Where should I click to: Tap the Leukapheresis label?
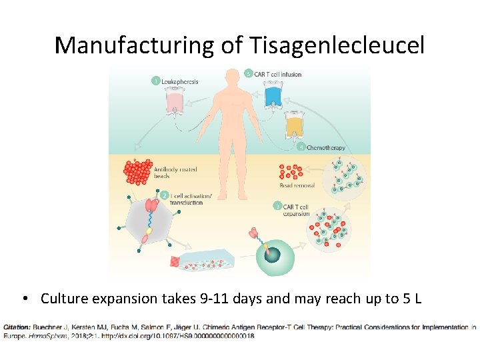pyautogui.click(x=180, y=81)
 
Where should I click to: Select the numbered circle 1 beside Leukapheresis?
pyautogui.click(x=155, y=81)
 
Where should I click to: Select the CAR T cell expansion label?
pyautogui.click(x=297, y=210)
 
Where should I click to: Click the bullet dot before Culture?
pyautogui.click(x=24, y=299)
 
